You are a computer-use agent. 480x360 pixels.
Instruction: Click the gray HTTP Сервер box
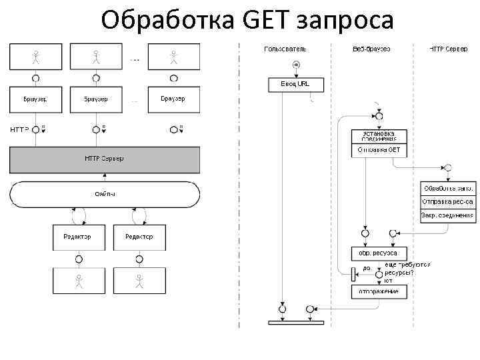(104, 159)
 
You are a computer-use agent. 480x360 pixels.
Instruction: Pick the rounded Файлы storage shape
(104, 194)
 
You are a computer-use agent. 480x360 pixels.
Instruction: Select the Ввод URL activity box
(295, 85)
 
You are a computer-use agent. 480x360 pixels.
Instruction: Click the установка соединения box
(379, 136)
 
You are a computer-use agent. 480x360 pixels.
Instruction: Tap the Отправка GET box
(379, 151)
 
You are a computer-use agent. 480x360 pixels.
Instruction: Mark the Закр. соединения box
(448, 215)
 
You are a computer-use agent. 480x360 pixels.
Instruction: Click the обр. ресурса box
(379, 253)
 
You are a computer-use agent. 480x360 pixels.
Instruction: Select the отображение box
(379, 292)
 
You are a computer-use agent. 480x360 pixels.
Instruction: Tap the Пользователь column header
(285, 49)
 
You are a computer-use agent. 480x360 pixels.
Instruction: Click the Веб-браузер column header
(370, 49)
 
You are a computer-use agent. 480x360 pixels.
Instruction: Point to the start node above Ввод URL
(295, 65)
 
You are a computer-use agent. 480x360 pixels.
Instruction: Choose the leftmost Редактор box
(79, 237)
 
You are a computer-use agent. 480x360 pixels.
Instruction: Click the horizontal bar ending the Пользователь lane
(295, 323)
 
